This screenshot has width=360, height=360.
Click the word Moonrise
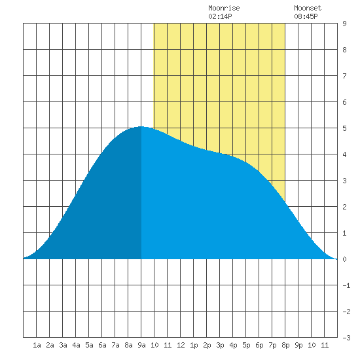point(224,8)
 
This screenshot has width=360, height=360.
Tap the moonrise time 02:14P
point(220,16)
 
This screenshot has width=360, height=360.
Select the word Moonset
point(308,8)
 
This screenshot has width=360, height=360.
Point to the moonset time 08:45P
point(306,16)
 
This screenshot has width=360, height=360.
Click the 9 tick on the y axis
point(344,24)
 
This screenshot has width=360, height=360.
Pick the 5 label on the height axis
point(344,128)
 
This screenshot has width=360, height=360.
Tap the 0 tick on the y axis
point(344,259)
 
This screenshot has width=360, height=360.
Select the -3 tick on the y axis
point(346,338)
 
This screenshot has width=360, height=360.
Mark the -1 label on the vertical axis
point(346,285)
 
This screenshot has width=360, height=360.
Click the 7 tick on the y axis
point(344,76)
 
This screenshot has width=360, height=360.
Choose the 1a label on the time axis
point(37,345)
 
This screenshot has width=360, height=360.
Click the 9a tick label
point(141,345)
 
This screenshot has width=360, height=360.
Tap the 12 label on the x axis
point(181,345)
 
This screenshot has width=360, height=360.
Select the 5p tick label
point(246,345)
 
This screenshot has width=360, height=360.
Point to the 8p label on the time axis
point(285,345)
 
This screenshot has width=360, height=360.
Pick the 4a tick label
point(76,345)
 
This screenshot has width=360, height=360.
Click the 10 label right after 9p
point(312,345)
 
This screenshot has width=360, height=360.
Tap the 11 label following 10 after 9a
point(168,345)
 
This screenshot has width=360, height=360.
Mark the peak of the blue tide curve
point(141,126)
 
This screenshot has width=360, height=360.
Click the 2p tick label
point(207,345)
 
